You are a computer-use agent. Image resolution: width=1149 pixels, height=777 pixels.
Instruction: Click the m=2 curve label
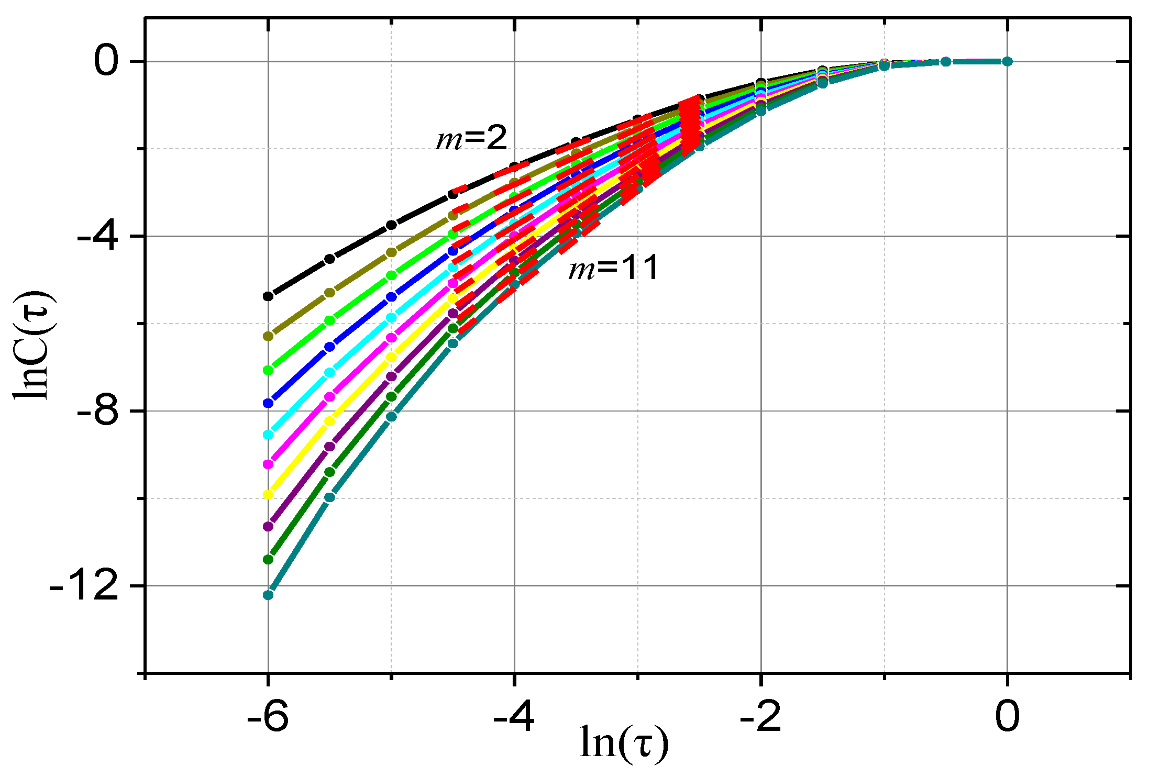click(x=472, y=138)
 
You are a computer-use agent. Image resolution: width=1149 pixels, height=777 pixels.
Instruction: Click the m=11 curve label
click(x=614, y=268)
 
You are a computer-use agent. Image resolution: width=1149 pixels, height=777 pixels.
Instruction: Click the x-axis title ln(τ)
click(x=624, y=743)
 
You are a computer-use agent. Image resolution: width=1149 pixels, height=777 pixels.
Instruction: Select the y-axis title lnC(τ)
click(x=32, y=346)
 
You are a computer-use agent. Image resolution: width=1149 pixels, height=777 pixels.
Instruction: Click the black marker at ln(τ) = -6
click(x=268, y=296)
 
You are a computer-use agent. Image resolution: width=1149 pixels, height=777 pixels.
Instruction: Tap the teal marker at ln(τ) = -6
click(x=268, y=595)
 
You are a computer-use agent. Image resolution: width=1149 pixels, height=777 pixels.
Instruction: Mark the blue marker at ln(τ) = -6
click(x=268, y=403)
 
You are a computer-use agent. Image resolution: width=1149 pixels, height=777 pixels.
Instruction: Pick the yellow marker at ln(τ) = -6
click(x=268, y=495)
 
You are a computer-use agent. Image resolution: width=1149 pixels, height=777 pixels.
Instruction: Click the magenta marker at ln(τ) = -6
click(x=268, y=464)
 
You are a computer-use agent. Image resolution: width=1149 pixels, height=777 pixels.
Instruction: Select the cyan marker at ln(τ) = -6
click(x=268, y=435)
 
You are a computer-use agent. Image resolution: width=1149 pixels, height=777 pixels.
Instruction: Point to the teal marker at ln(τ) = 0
click(x=1007, y=61)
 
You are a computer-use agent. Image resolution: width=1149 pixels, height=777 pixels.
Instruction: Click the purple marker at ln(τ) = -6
click(x=268, y=526)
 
